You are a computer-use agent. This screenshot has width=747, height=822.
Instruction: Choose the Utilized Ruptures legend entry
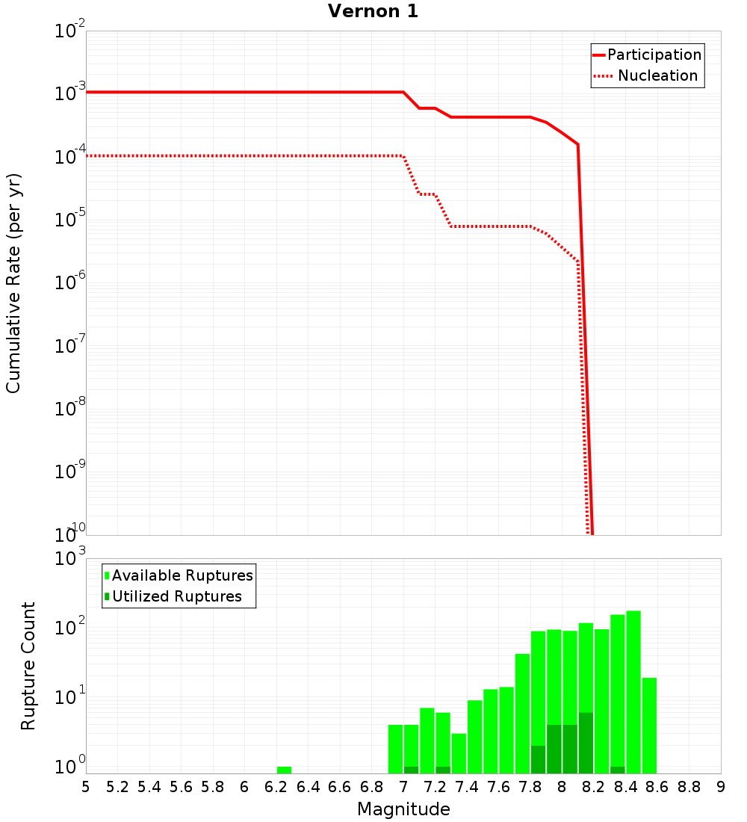pos(176,596)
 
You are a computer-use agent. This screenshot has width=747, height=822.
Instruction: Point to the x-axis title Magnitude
pos(403,809)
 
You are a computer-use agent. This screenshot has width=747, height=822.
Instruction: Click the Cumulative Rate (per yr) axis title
pos(13,283)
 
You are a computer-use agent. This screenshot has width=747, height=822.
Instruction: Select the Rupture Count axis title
pos(28,666)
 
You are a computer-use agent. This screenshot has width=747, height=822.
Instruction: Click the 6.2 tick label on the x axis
pos(276,787)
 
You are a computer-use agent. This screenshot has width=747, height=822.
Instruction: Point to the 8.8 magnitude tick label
pos(689,787)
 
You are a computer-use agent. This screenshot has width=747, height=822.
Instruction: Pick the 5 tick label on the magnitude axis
pos(86,787)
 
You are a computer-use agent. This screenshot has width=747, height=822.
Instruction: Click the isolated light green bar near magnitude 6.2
pos(284,770)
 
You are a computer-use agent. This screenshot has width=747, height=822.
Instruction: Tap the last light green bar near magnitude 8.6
pos(649,725)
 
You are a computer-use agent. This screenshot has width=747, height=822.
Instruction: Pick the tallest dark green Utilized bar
pos(586,743)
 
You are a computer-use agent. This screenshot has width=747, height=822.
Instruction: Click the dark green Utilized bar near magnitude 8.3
pos(617,770)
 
